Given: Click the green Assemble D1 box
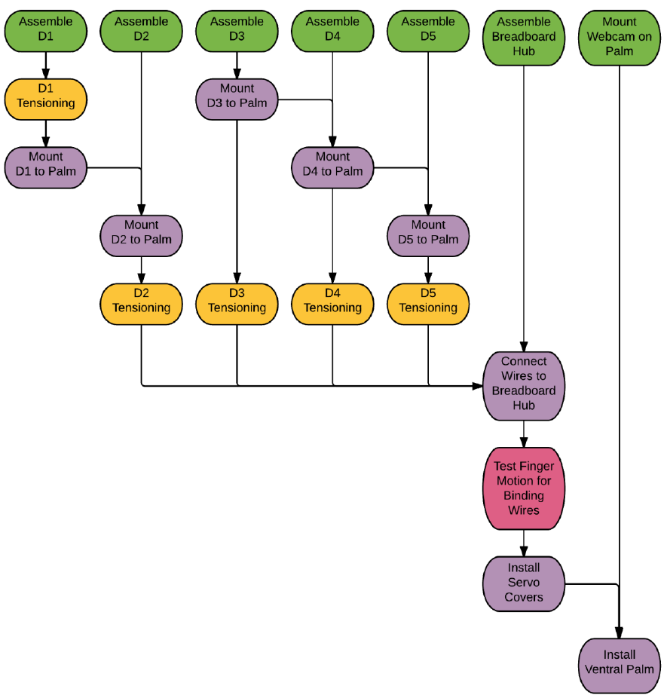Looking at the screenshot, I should click(x=46, y=30).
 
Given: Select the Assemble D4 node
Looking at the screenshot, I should click(x=332, y=30).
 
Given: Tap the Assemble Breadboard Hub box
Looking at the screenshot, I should click(x=523, y=36).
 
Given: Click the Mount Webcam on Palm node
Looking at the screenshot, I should click(x=619, y=36).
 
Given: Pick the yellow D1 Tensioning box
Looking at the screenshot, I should click(x=46, y=96).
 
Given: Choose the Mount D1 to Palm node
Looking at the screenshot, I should click(x=46, y=164).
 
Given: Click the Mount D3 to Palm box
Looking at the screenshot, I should click(x=237, y=96).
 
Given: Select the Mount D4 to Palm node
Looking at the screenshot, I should click(x=332, y=164).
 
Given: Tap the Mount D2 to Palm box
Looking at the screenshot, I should click(x=141, y=232).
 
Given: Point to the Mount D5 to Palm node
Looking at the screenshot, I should click(x=428, y=232).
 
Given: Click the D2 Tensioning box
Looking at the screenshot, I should click(x=141, y=301).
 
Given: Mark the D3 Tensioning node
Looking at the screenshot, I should click(x=237, y=301).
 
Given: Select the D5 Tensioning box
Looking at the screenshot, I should click(x=428, y=301).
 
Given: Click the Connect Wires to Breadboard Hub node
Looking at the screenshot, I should click(x=523, y=384).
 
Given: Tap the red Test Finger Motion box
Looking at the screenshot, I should click(x=523, y=488).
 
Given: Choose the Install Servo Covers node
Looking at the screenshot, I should click(x=523, y=583).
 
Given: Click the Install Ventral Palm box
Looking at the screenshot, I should click(x=619, y=663).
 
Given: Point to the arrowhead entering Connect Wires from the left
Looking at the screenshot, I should click(x=478, y=386).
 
